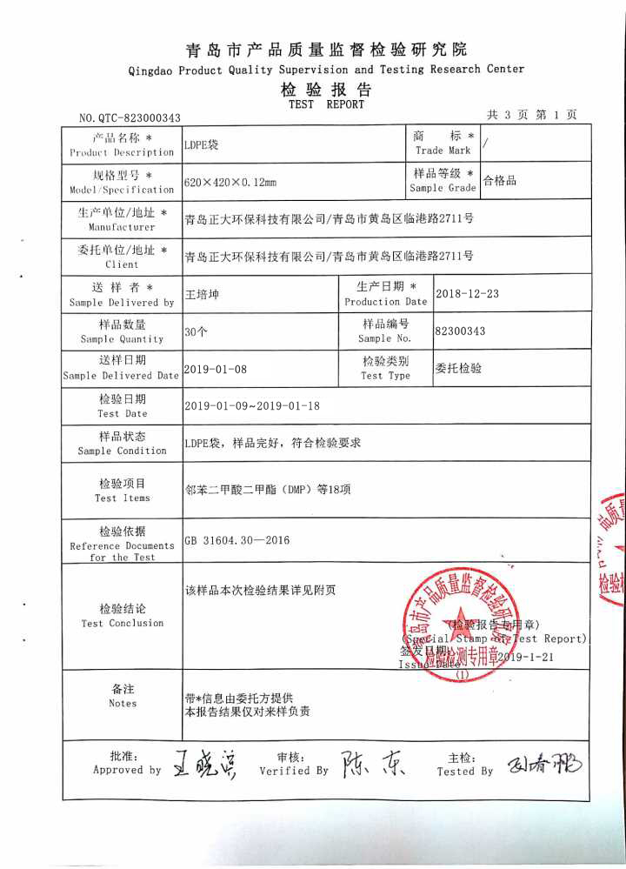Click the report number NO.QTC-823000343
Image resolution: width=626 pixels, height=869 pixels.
pos(130,118)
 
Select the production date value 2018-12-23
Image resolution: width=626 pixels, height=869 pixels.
pos(467,294)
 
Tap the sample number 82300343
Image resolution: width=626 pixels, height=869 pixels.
pos(460,331)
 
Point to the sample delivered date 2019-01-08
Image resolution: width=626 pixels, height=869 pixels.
pos(216,369)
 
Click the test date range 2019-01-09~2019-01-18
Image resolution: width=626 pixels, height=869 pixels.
pos(252,406)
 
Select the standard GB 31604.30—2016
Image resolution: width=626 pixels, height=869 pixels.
pos(236,540)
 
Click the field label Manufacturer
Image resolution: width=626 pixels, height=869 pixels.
pos(122,227)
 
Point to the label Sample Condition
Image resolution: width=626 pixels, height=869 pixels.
pos(122,451)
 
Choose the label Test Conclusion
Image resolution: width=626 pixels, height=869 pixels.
pos(122,623)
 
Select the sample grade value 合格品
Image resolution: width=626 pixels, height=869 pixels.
pos(500,182)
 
